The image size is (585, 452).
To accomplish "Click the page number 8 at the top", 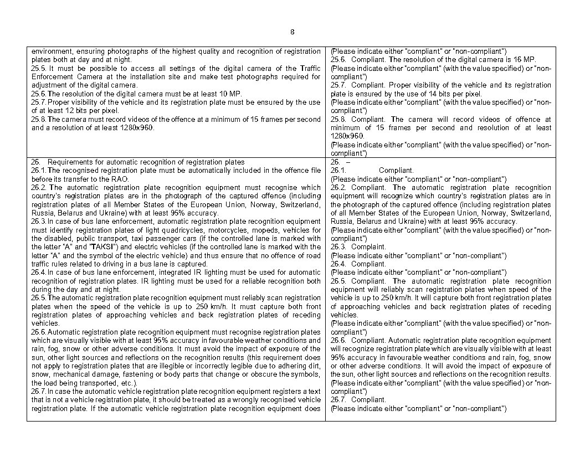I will click(292, 32).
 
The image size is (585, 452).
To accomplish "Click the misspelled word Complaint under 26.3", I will click(369, 247).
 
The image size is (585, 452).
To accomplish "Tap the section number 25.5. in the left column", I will click(39, 68).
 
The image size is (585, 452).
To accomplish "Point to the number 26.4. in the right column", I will click(338, 264).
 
